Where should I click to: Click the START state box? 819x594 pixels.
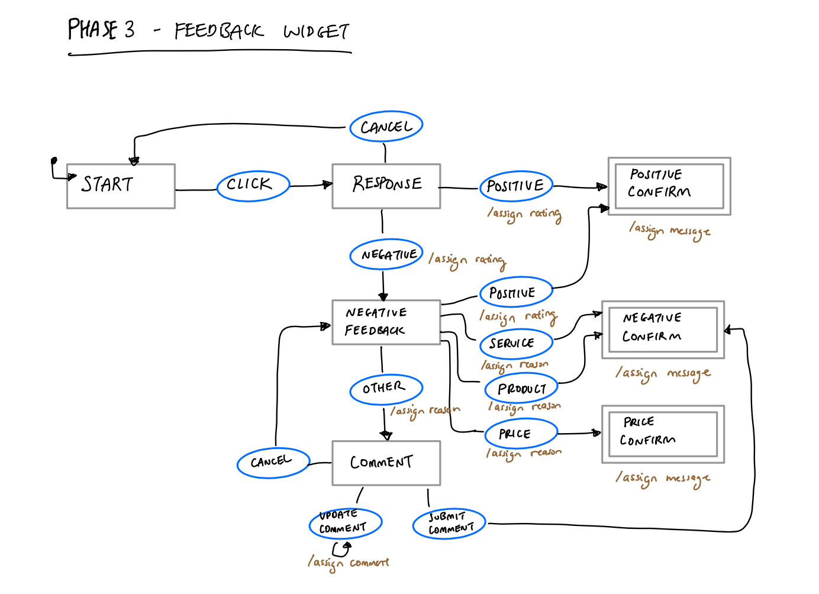[x=121, y=186]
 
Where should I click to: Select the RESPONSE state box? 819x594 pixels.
[x=386, y=186]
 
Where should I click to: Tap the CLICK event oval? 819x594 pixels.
[x=253, y=185]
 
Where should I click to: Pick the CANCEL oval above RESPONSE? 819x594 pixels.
[x=386, y=126]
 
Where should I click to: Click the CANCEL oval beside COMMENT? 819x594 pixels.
[x=273, y=463]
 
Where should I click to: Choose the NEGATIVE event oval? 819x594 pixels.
[x=386, y=254]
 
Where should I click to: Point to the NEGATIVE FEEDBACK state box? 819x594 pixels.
[x=386, y=322]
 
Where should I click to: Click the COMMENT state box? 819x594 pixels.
[x=386, y=463]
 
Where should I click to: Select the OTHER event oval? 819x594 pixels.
[x=386, y=389]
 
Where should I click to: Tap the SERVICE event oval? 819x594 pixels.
[x=516, y=343]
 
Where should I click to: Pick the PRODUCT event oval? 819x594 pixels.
[x=521, y=389]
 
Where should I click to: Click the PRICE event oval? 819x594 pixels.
[x=520, y=434]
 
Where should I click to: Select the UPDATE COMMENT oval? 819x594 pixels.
[x=345, y=523]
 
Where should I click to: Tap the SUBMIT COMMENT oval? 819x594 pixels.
[x=449, y=524]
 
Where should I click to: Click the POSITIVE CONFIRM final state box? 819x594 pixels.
[x=669, y=186]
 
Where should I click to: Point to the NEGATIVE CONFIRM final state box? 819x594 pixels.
[x=663, y=329]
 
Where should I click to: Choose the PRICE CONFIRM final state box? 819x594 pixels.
[x=663, y=434]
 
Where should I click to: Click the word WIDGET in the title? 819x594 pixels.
[x=317, y=31]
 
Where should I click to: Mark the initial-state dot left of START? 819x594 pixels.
[x=54, y=160]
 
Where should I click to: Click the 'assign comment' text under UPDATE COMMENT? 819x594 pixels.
[x=349, y=563]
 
